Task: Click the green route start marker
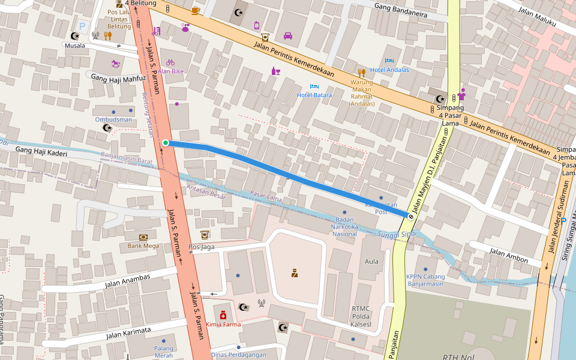[166, 143]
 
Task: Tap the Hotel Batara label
[314, 95]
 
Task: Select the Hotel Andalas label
[389, 70]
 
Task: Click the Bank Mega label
[143, 245]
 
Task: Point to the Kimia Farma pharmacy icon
[223, 314]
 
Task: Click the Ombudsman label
[113, 119]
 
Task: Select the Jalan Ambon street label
[509, 256]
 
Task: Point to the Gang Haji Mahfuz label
[119, 79]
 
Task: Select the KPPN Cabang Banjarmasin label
[425, 280]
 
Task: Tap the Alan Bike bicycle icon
[170, 62]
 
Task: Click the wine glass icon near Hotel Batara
[275, 71]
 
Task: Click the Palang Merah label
[163, 352]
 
